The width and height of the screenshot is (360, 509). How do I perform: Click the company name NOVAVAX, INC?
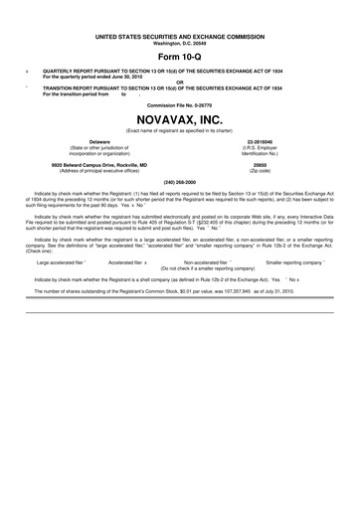[x=179, y=117]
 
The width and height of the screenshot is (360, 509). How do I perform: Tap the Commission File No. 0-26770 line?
[x=179, y=102]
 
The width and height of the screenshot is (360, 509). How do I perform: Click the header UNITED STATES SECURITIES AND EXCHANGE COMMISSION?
[x=179, y=8]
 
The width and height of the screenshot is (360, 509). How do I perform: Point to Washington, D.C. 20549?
[x=179, y=15]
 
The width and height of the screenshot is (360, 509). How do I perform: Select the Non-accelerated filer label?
[x=212, y=262]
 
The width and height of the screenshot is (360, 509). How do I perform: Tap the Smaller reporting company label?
[x=294, y=262]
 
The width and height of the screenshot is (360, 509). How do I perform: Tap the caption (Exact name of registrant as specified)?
[x=179, y=130]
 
